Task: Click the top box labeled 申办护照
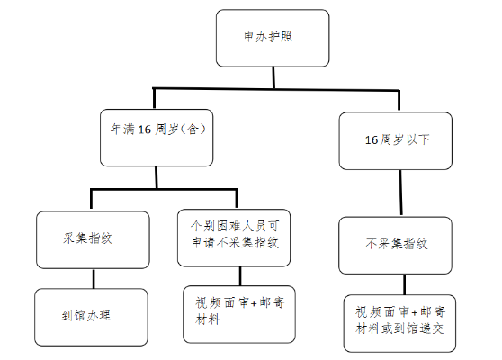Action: (x=273, y=38)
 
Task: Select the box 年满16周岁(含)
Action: (x=157, y=138)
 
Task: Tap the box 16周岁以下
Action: (x=395, y=140)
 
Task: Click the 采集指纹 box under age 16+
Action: (x=93, y=239)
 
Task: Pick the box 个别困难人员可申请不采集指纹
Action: (x=234, y=238)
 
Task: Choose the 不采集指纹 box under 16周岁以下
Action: (x=395, y=246)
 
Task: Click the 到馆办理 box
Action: (x=91, y=317)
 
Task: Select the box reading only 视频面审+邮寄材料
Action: (x=239, y=314)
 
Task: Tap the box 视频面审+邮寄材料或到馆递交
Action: (x=399, y=323)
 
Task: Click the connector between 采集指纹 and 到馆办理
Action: (x=94, y=279)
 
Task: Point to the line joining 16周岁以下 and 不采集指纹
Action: (x=400, y=193)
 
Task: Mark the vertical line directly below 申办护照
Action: (x=273, y=77)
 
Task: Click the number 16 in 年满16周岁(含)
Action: (x=144, y=130)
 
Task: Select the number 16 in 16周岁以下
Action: (x=372, y=140)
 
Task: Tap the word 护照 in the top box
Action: (x=280, y=36)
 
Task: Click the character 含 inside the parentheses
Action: (x=193, y=130)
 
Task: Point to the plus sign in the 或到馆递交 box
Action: (x=414, y=312)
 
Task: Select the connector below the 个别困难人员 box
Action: (x=240, y=276)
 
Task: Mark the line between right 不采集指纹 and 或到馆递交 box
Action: (x=404, y=284)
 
